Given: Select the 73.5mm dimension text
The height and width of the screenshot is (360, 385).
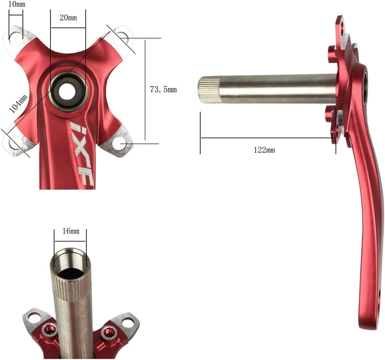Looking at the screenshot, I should (x=163, y=90).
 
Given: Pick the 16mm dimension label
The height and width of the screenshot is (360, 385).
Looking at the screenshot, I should (x=70, y=231).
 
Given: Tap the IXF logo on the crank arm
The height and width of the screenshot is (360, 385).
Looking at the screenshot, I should (x=82, y=153).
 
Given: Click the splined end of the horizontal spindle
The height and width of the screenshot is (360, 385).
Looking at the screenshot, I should (x=209, y=90).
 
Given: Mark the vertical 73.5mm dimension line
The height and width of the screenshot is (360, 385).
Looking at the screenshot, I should (x=145, y=90).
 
